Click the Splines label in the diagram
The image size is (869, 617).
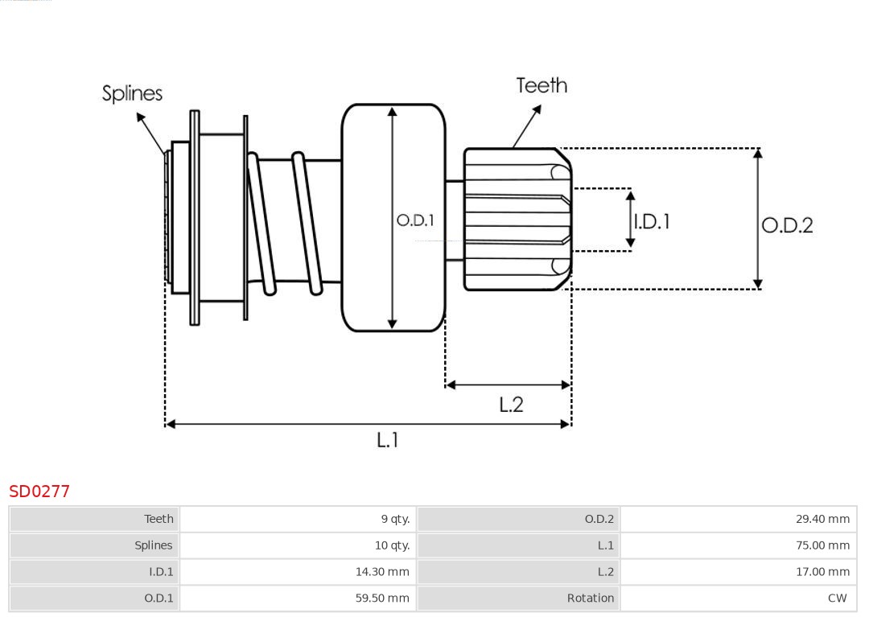[x=132, y=93]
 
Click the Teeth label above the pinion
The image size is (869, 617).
[x=542, y=85]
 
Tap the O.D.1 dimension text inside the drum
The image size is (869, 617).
[x=415, y=220]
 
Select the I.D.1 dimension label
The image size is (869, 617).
[x=652, y=221]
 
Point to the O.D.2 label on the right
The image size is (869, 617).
[x=787, y=225]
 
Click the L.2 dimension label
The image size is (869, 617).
[x=511, y=404]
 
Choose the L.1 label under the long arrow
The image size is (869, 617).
[x=388, y=439]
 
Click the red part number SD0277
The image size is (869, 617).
[x=39, y=491]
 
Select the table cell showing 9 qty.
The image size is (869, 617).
[x=395, y=519]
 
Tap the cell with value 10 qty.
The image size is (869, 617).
[x=392, y=545]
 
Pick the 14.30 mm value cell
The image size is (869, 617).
[x=382, y=572]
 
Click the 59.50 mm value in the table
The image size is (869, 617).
[x=382, y=598]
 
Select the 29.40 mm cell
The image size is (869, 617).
[x=822, y=519]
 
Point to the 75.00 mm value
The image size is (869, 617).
[x=822, y=545]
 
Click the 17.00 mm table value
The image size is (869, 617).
[x=822, y=572]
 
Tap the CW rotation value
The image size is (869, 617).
[x=837, y=598]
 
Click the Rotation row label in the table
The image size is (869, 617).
[x=590, y=598]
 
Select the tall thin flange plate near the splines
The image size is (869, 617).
[x=194, y=217]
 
